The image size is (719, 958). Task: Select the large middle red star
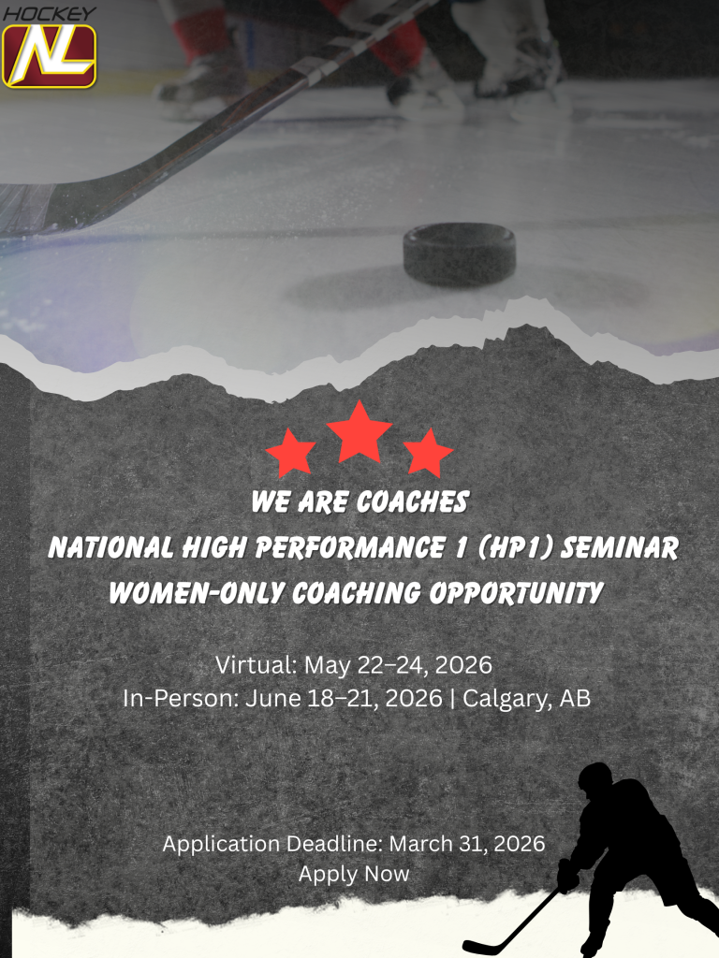click(359, 433)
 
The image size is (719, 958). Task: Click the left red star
click(290, 453)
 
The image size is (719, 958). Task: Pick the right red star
click(429, 453)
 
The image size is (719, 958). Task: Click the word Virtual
click(253, 666)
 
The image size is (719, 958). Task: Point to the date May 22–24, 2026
click(396, 666)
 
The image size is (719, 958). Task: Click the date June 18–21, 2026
click(344, 698)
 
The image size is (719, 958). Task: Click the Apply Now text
click(354, 874)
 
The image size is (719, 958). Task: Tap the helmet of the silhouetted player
click(595, 777)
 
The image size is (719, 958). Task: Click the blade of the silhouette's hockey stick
click(477, 946)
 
